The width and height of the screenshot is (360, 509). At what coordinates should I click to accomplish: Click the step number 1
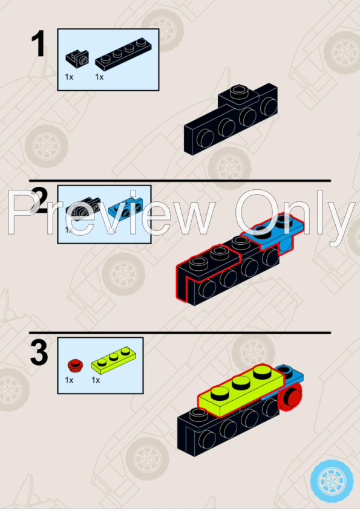click(38, 45)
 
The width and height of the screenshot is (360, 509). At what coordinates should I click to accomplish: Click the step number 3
click(38, 353)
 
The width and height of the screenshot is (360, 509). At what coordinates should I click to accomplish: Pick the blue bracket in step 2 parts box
click(129, 207)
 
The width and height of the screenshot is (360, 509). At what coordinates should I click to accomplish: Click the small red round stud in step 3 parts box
click(75, 365)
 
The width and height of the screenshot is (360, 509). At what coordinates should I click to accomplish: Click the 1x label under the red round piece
click(69, 380)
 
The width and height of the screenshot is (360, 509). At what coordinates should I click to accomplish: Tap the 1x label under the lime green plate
click(96, 380)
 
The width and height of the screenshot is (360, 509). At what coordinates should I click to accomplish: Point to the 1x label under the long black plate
click(99, 77)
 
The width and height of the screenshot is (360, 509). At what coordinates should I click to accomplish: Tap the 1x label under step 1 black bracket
click(69, 77)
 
